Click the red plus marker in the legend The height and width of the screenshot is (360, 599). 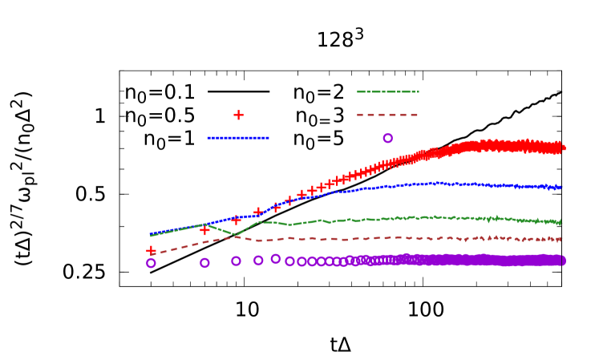point(238,115)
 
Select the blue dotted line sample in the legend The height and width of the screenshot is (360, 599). point(238,138)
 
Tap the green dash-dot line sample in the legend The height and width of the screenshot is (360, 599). point(387,91)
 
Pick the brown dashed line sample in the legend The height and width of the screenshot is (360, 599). point(387,115)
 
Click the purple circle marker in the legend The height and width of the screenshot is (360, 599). point(387,138)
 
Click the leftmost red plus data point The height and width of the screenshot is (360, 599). point(151,250)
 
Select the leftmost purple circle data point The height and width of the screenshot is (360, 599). point(151,263)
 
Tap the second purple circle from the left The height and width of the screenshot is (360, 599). point(204,262)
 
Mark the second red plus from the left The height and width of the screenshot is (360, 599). point(204,230)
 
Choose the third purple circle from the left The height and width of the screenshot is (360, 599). point(236,261)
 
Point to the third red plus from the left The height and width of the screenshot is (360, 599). point(236,220)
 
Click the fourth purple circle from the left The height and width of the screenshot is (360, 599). point(258,260)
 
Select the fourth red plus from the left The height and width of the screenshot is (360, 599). point(258,212)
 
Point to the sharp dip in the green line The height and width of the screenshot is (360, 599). point(237,235)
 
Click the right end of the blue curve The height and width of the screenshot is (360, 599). point(561,187)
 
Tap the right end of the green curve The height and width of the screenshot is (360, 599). point(561,222)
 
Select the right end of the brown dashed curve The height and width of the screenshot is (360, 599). point(561,239)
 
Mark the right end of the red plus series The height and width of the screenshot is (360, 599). point(561,148)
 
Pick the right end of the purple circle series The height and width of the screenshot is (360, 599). point(561,261)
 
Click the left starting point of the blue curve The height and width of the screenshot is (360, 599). point(151,234)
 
